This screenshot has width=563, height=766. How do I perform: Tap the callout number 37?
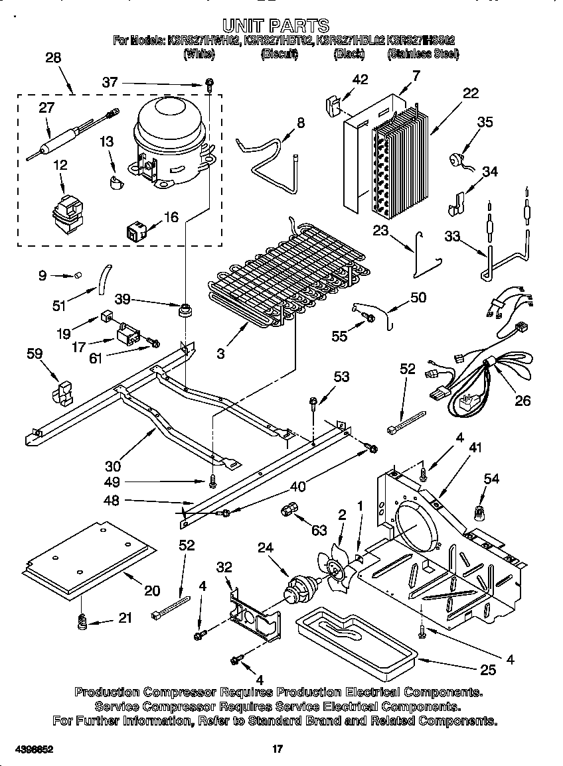(x=110, y=83)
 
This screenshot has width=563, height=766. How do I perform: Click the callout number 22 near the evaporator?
(x=470, y=94)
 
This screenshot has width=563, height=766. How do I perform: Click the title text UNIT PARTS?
(x=276, y=26)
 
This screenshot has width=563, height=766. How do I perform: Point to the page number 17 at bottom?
(x=278, y=749)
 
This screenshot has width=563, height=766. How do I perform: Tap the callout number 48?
(x=112, y=501)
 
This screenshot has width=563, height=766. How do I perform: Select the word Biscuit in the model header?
(x=280, y=55)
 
